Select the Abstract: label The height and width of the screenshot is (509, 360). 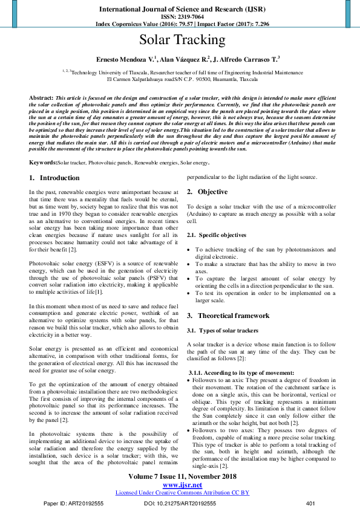(41, 97)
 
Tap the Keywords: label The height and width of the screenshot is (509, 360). (43, 163)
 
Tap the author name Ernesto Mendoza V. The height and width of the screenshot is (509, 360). (126, 59)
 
